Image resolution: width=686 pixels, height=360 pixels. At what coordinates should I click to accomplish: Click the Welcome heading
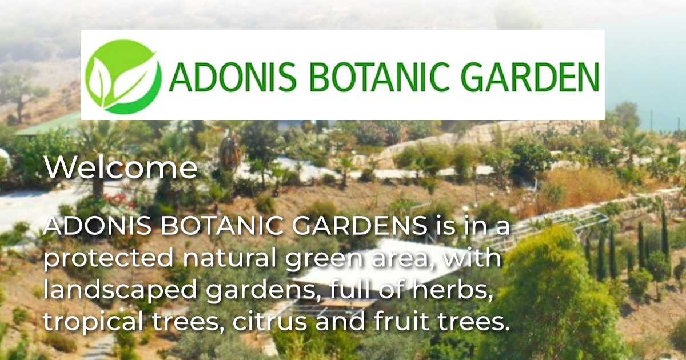(121, 169)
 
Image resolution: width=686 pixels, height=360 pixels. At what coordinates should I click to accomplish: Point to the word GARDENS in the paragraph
(360, 227)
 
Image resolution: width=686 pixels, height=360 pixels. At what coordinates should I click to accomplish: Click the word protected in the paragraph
(109, 258)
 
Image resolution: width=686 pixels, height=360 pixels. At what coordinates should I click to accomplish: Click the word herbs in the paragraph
(457, 290)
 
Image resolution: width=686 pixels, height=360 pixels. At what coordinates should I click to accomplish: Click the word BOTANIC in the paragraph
(223, 227)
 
